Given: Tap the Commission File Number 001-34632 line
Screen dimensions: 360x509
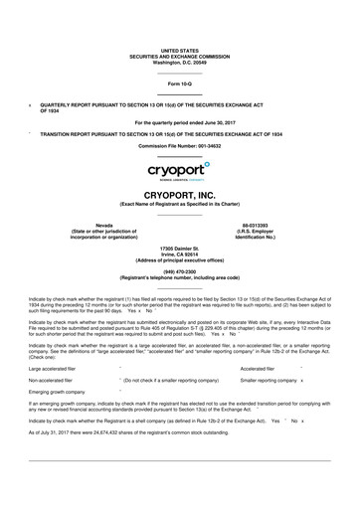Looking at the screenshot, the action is [179, 145].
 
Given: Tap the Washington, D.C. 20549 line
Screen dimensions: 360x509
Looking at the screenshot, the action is [179, 63].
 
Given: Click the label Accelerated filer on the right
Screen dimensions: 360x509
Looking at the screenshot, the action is [262, 396].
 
